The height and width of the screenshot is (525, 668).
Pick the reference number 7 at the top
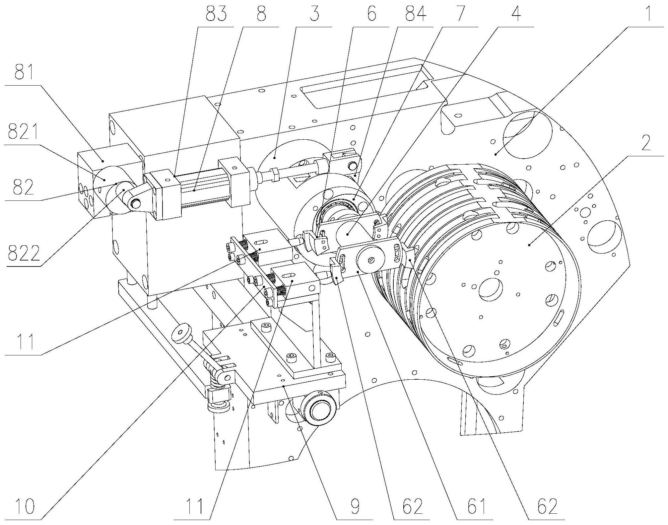(463, 15)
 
